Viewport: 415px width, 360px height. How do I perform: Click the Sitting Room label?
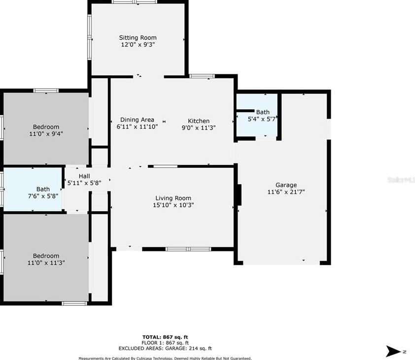[138, 37]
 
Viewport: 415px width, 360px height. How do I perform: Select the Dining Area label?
[137, 120]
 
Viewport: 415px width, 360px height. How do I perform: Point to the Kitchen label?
[199, 121]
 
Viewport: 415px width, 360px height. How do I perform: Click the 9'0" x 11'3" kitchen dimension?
[199, 128]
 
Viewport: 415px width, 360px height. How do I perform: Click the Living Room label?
[173, 198]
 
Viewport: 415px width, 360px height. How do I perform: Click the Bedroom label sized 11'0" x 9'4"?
[46, 127]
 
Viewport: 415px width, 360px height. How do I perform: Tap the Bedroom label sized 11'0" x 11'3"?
[46, 256]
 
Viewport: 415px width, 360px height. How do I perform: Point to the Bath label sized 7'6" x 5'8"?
[43, 189]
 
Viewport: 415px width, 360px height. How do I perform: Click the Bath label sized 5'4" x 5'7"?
[263, 112]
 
